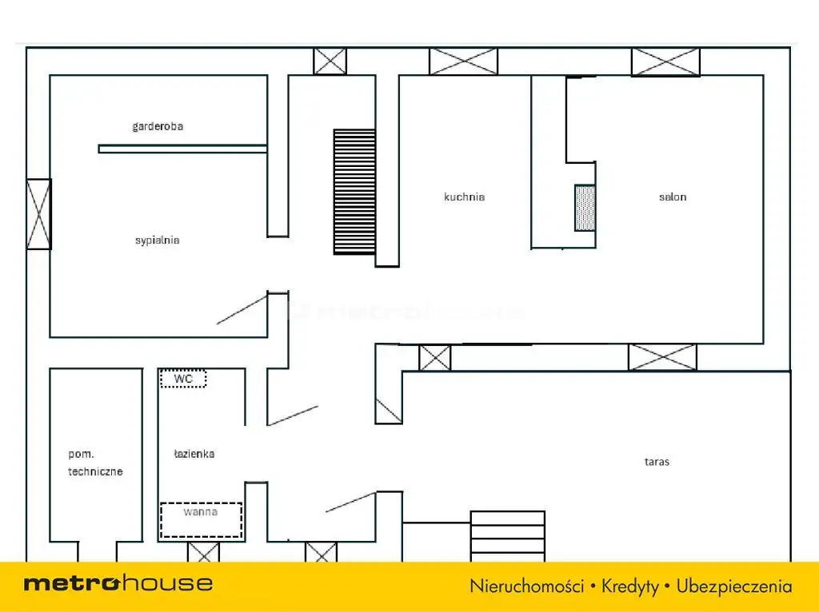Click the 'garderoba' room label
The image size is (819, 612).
point(158,126)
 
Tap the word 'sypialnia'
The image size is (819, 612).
point(158,240)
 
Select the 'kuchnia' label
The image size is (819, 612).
point(465,197)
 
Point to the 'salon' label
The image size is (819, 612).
point(673,197)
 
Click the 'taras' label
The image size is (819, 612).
point(657,462)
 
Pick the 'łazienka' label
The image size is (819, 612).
point(194,454)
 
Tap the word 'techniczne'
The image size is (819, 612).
point(96,471)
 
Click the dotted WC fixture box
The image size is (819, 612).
point(183,378)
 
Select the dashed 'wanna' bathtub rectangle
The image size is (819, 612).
point(201,520)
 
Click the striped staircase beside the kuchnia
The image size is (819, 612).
point(354,192)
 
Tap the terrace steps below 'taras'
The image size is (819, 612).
point(508,536)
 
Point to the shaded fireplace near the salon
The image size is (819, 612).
point(585,208)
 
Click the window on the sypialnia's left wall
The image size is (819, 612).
point(38,214)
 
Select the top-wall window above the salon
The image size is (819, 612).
point(665,62)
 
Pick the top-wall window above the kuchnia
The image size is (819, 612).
point(464,62)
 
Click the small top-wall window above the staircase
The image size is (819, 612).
point(330,62)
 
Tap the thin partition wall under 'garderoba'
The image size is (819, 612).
point(183,149)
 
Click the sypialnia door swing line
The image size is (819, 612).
point(242,309)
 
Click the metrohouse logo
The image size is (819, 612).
point(118,583)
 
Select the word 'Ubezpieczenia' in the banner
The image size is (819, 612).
point(734,586)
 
